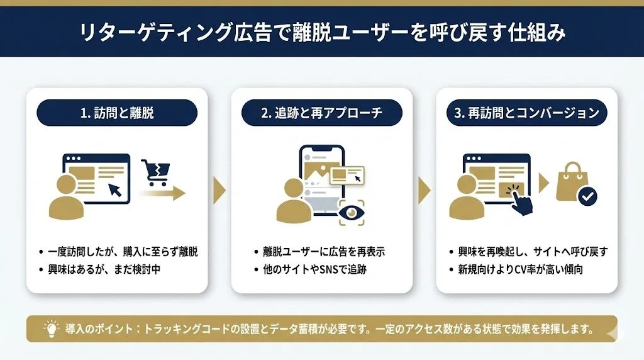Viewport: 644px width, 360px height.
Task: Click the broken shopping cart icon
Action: (x=155, y=170)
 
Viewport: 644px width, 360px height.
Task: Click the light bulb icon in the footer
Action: (x=49, y=329)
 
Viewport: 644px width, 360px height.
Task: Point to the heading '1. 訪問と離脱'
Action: (x=117, y=113)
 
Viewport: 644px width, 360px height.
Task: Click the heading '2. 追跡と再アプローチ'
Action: (x=321, y=113)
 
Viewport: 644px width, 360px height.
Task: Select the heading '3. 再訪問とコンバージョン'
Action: (x=526, y=113)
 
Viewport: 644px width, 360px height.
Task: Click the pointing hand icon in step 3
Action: (x=519, y=200)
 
